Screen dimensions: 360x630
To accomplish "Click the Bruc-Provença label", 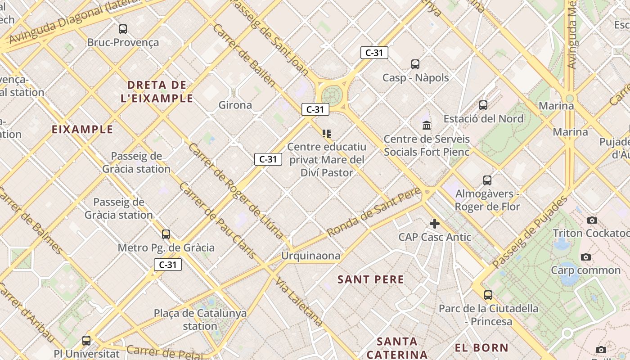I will pos(123,43).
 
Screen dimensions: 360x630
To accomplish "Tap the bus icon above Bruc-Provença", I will pos(123,29).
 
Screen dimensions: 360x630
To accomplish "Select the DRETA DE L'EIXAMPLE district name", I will pos(157,91).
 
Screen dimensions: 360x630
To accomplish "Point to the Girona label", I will pos(235,105).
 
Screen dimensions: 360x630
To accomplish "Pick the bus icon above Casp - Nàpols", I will pos(415,64).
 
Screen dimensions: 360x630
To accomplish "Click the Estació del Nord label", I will pos(483,119).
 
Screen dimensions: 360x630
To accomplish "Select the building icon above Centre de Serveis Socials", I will pos(427,125).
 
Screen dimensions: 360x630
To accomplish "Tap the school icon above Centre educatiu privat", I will pos(327,133).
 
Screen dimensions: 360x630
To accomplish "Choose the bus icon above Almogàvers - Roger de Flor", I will pos(487,180).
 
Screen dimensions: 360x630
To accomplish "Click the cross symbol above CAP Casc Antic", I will pos(435,223).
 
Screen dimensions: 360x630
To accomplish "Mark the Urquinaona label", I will pos(310,256).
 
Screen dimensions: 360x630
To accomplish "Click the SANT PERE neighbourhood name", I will pos(371,279).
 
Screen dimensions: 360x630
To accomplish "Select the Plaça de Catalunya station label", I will pos(200,319).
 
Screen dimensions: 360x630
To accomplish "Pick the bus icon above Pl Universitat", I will pos(86,341).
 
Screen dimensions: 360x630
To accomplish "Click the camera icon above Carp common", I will pos(585,257).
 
